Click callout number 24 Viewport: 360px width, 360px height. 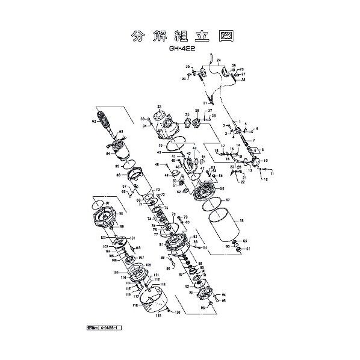pyautogui.click(x=219, y=61)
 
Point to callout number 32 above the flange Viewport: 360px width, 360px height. pyautogui.click(x=159, y=106)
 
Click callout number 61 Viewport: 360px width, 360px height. pyautogui.click(x=247, y=248)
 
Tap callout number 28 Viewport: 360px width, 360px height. pyautogui.click(x=243, y=79)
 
